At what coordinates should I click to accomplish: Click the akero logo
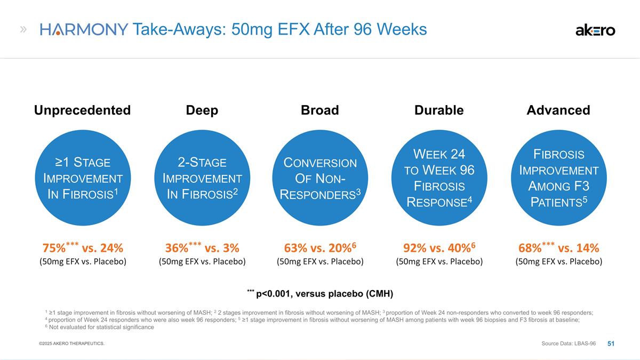tap(595, 30)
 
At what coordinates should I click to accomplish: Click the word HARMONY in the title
tap(84, 29)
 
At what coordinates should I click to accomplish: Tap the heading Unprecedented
tap(82, 110)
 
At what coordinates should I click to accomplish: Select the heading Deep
tap(202, 110)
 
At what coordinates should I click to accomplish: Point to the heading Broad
tap(319, 110)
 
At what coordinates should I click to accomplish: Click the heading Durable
tap(439, 110)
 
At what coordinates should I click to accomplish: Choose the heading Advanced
tap(558, 110)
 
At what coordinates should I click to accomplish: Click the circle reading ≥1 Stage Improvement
tap(83, 178)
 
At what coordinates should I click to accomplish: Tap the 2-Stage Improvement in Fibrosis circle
tap(202, 178)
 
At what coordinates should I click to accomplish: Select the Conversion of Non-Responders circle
tap(320, 178)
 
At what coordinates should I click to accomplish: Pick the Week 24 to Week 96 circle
tap(439, 178)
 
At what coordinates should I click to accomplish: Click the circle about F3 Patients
tap(558, 178)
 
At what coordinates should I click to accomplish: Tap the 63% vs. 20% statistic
tap(320, 247)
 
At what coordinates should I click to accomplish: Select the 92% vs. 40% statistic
tap(439, 247)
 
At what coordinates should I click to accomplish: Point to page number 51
tap(611, 343)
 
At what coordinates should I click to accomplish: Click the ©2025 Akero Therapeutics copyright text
tap(71, 343)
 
